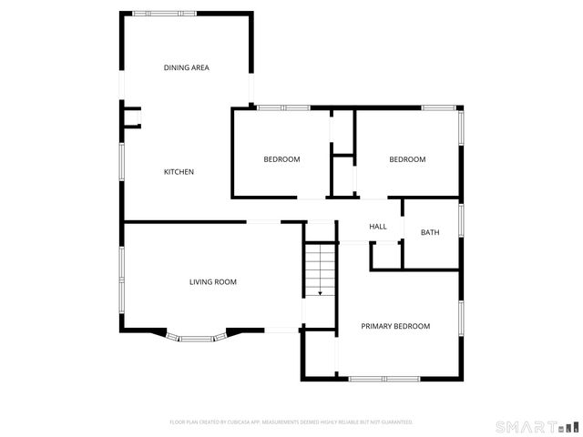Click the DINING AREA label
coord(187,67)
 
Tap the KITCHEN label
coord(179,172)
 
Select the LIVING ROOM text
coord(212,282)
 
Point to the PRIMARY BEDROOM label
coord(395,326)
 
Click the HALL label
coord(378,227)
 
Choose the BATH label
coord(430,232)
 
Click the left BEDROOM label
coord(281,159)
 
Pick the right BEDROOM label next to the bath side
coord(407,159)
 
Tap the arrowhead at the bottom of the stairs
coord(320,293)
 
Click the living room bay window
coord(195,339)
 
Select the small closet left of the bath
coord(386,256)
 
